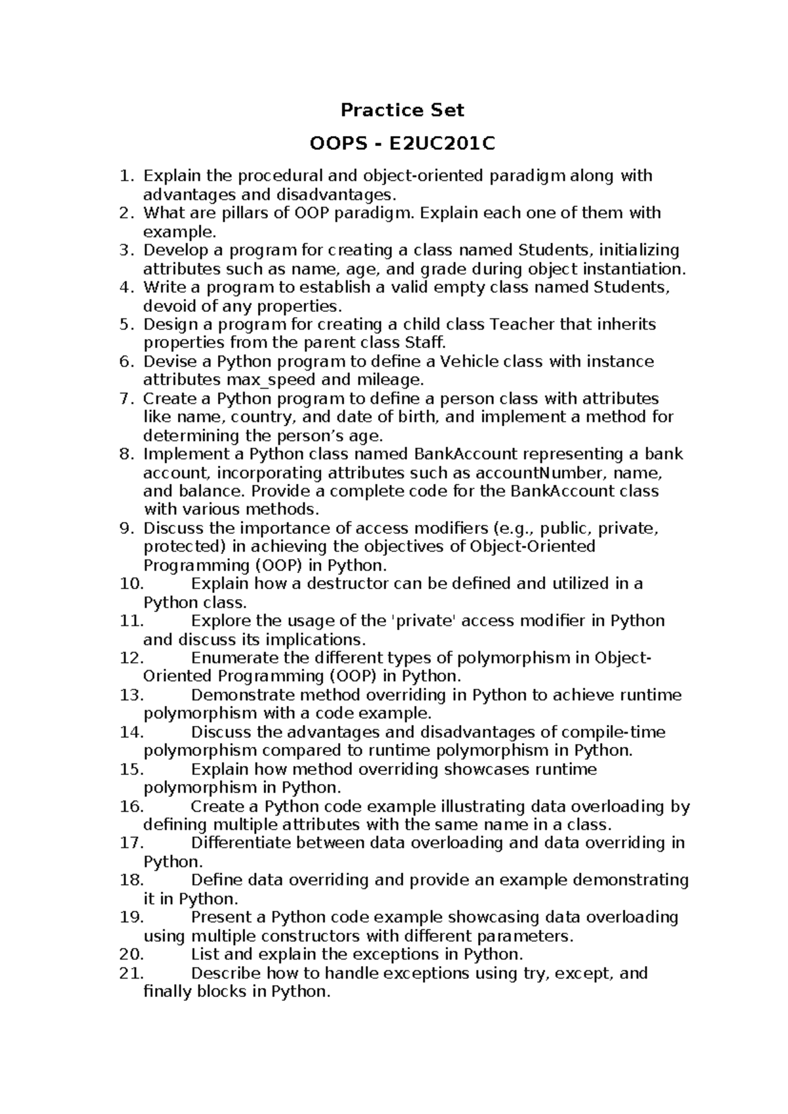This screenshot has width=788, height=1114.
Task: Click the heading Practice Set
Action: [x=402, y=110]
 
